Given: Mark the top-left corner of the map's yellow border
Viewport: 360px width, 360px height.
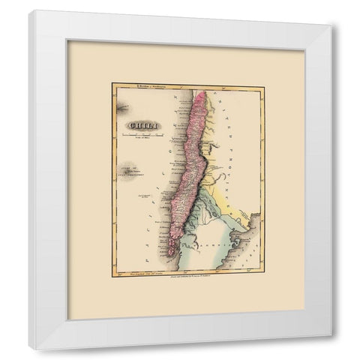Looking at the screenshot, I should (112, 83).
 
